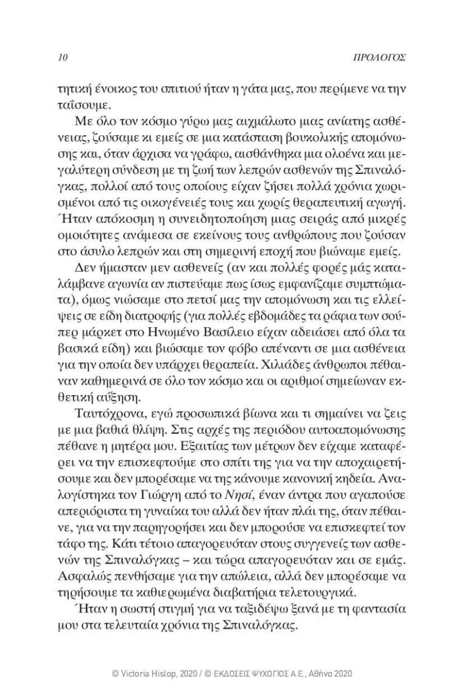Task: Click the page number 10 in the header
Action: coord(64,58)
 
